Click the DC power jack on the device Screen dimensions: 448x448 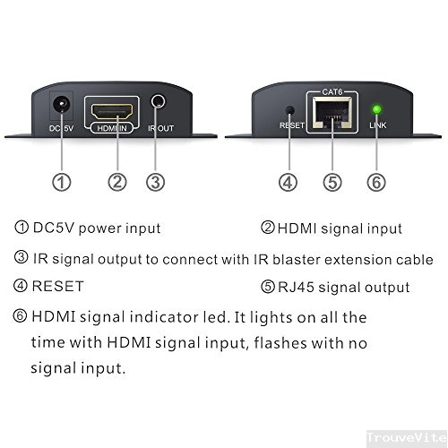point(62,105)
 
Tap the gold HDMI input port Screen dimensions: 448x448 point(112,111)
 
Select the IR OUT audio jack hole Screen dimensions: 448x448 point(158,101)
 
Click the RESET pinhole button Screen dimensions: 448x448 point(289,110)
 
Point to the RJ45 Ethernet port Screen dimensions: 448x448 point(332,113)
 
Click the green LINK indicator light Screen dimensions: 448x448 point(377,109)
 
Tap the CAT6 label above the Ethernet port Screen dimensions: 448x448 point(332,92)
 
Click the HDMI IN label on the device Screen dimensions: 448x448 point(112,128)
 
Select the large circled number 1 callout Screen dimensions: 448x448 point(62,182)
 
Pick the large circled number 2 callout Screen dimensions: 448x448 point(117,182)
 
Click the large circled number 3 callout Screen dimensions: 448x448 point(155,182)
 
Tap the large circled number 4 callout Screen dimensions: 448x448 point(288,182)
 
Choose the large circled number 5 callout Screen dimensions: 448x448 point(332,182)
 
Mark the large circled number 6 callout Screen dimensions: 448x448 point(376,182)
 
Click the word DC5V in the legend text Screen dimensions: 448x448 point(54,228)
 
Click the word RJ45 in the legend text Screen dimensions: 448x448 point(296,288)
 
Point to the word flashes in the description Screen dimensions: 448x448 point(280,343)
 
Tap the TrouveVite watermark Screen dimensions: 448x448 point(407,438)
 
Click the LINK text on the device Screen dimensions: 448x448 point(378,125)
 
